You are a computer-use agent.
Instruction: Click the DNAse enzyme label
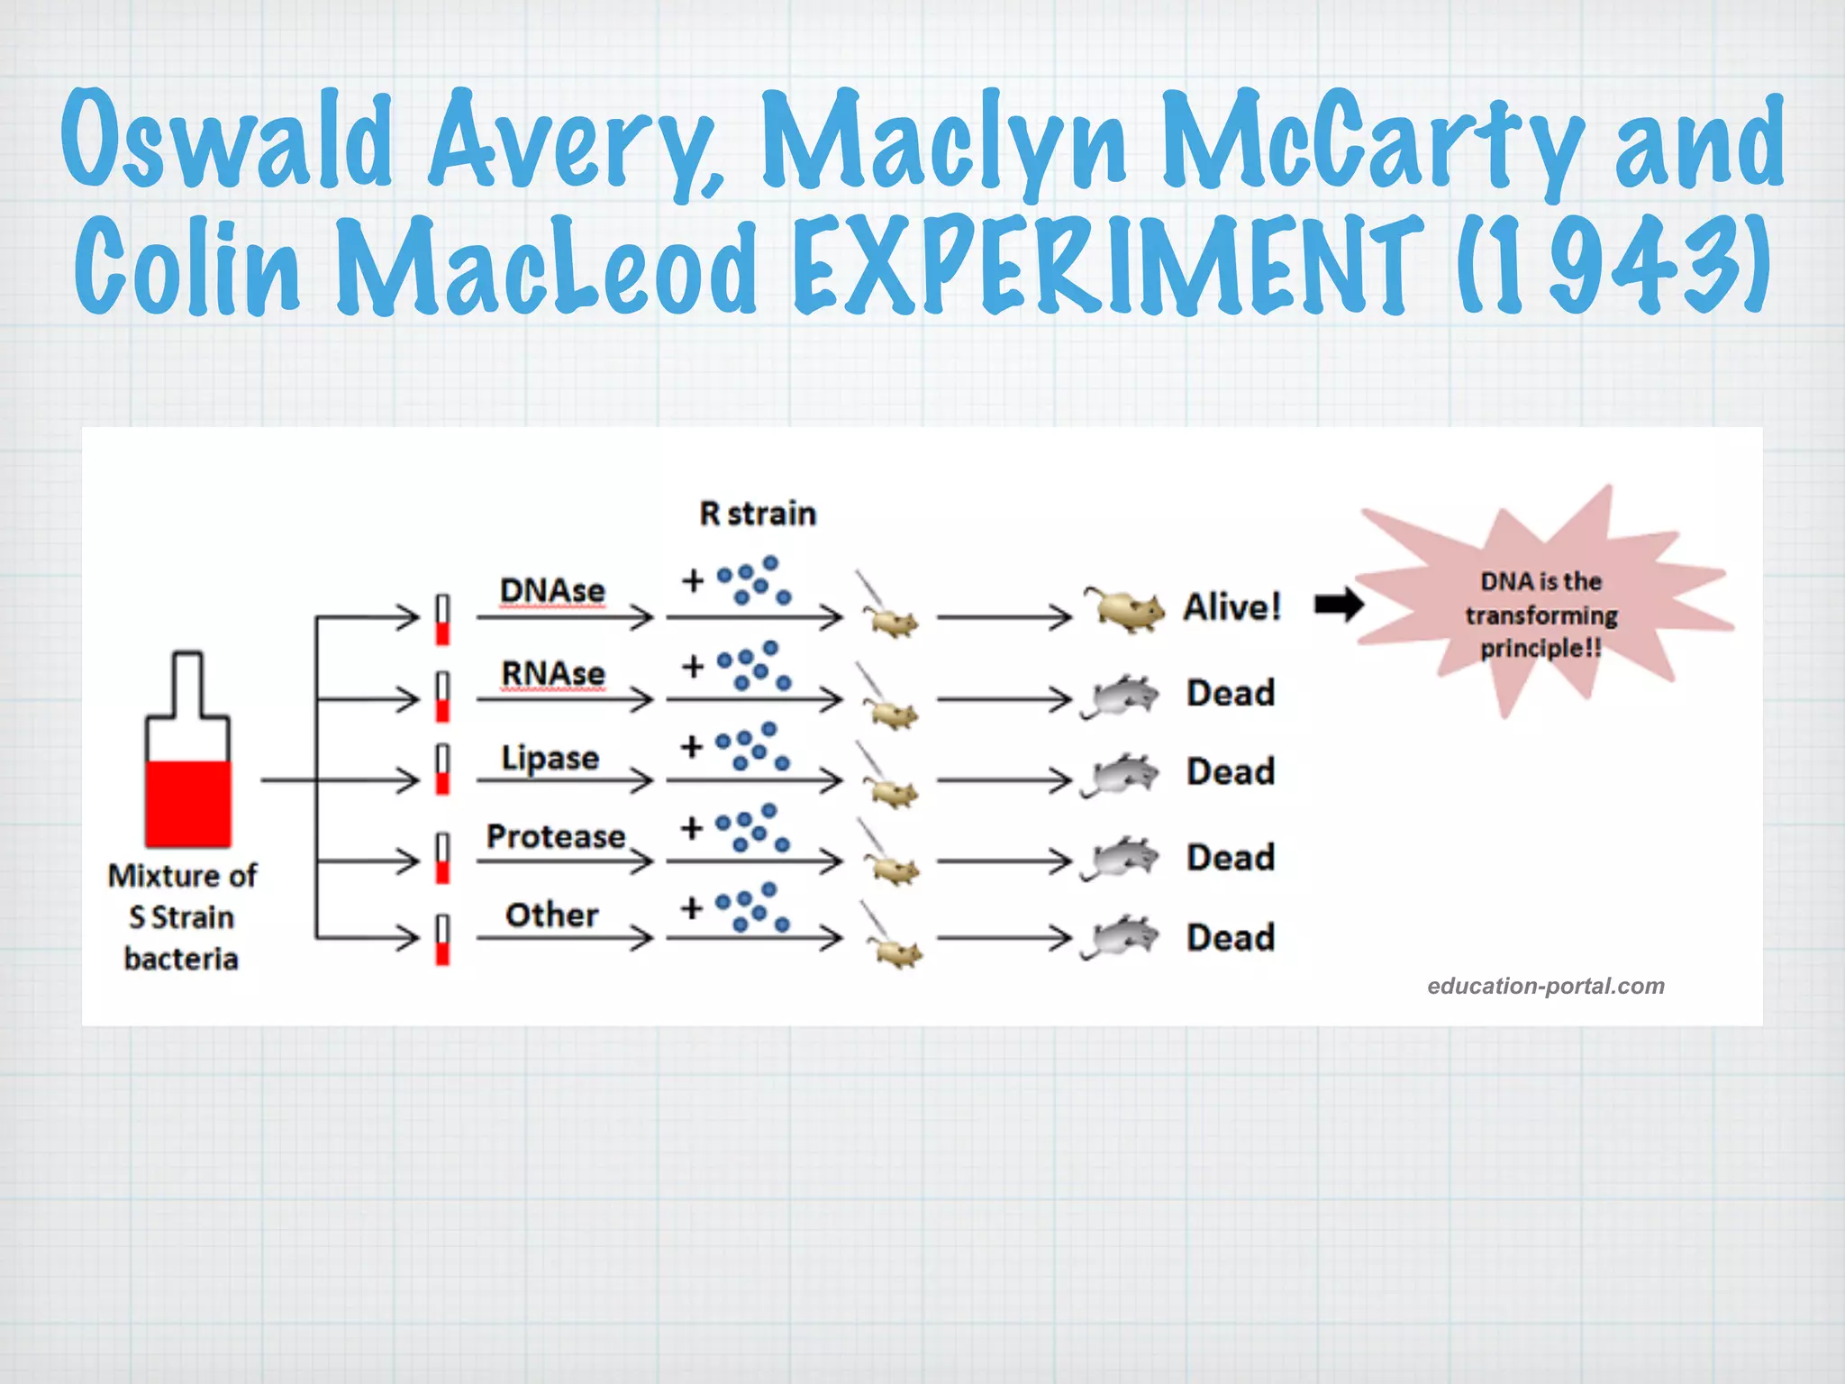click(552, 591)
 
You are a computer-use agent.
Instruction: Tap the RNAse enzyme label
click(552, 674)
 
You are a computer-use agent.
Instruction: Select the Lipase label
click(550, 758)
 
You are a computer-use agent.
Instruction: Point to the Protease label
click(555, 837)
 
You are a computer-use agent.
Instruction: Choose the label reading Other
click(551, 915)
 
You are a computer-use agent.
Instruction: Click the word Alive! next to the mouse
click(1232, 607)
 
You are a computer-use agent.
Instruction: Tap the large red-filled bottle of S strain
click(187, 757)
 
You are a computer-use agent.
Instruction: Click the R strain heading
click(758, 514)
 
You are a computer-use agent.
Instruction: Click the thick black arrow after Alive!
click(1339, 605)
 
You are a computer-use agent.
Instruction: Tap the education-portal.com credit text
click(1545, 986)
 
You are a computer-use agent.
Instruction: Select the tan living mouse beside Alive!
click(1126, 609)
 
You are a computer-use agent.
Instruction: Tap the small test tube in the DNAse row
click(442, 620)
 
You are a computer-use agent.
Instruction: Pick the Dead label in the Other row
click(1231, 938)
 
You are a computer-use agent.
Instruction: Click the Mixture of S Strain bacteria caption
click(182, 917)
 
